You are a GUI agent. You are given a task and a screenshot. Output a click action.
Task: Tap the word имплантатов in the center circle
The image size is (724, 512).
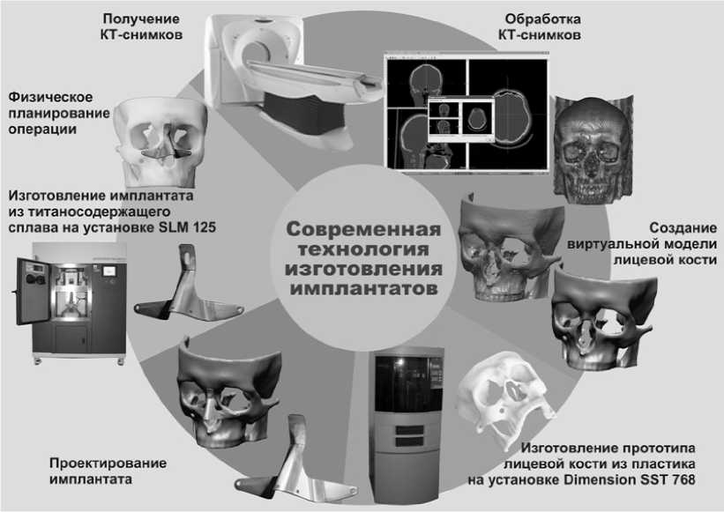click(362, 288)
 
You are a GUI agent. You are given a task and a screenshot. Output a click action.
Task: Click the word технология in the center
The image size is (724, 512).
click(362, 249)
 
